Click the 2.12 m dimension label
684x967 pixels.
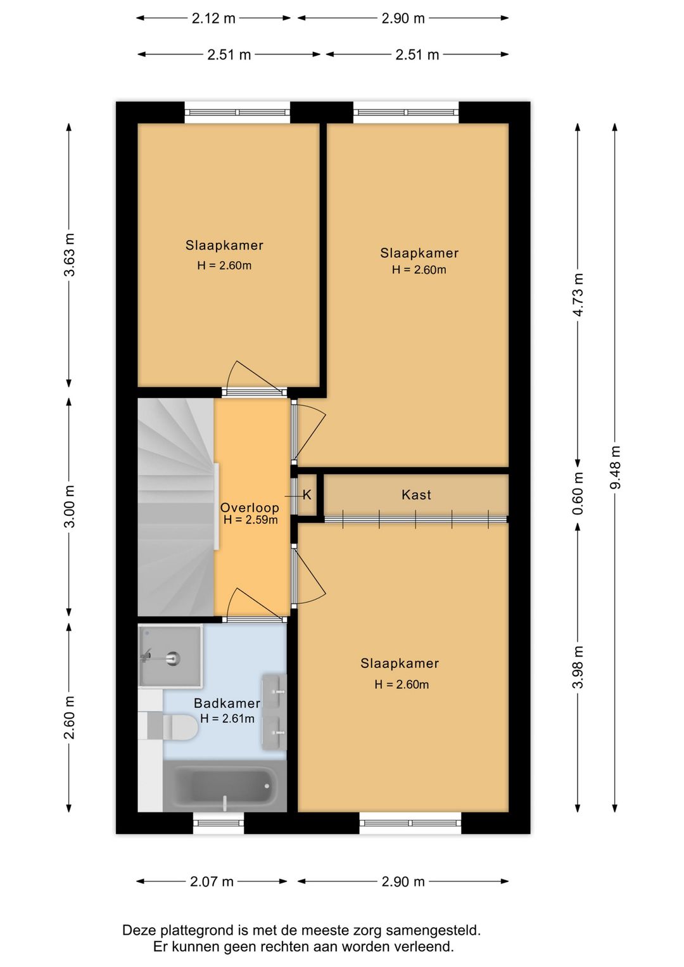[x=213, y=18]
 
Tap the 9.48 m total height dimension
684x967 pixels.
[x=615, y=467]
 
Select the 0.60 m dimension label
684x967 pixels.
[x=578, y=493]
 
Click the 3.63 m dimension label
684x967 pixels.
[x=70, y=255]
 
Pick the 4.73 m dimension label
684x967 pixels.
[x=578, y=295]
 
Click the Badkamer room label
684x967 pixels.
[x=227, y=703]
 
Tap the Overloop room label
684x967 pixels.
[x=250, y=508]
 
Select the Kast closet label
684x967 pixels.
[x=416, y=495]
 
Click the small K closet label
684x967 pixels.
[x=307, y=495]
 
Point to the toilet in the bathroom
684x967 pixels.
[x=173, y=727]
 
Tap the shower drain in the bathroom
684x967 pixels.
[x=173, y=658]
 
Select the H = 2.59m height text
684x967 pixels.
[x=250, y=520]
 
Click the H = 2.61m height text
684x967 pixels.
[x=227, y=719]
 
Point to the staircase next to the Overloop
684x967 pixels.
[x=175, y=507]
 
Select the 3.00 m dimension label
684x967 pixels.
[x=70, y=506]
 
